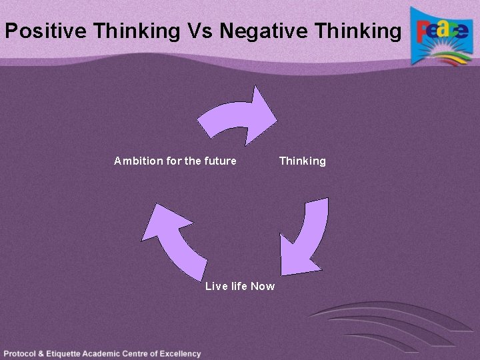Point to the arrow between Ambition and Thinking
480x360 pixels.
pyautogui.click(x=240, y=115)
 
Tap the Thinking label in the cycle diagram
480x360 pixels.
pyautogui.click(x=303, y=161)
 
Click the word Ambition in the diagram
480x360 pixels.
pyautogui.click(x=137, y=161)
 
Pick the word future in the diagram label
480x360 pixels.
pyautogui.click(x=219, y=161)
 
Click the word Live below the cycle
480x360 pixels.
pyautogui.click(x=217, y=286)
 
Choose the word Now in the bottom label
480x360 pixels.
pyautogui.click(x=263, y=286)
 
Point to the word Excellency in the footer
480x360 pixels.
pyautogui.click(x=179, y=354)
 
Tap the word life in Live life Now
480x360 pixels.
pyautogui.click(x=239, y=286)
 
